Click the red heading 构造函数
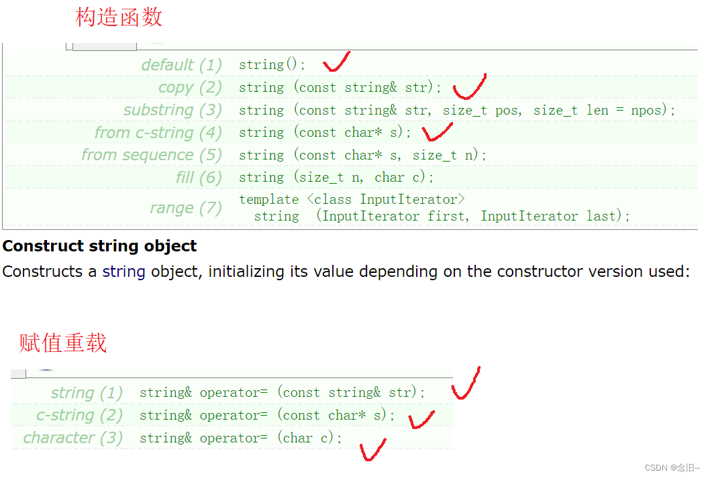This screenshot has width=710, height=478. click(119, 17)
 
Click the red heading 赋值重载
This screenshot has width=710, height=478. click(63, 343)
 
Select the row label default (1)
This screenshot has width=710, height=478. click(181, 65)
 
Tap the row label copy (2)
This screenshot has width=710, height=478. click(190, 87)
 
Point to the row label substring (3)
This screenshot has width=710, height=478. click(172, 110)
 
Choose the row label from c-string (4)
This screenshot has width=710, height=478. click(158, 133)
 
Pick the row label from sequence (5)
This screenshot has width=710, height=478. click(152, 155)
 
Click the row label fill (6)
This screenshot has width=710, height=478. click(199, 178)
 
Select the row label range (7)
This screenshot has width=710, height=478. click(186, 208)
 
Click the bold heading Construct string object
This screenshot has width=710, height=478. click(99, 246)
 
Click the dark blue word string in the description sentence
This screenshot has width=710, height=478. click(123, 272)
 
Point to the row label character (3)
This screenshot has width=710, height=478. click(73, 438)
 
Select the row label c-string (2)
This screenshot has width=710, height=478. click(80, 415)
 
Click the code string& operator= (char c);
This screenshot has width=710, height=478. click(241, 438)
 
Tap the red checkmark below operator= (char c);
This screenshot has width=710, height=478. click(372, 449)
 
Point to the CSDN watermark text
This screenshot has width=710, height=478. click(671, 467)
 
